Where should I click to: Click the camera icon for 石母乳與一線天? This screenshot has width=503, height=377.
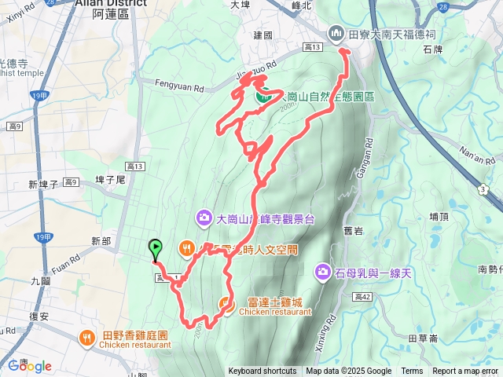point(323,273)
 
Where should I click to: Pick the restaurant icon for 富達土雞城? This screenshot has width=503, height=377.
point(226,303)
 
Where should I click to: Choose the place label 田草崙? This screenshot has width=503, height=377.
point(423,339)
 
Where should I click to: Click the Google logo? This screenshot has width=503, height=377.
point(30,365)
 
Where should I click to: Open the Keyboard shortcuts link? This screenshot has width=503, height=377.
point(263,372)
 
